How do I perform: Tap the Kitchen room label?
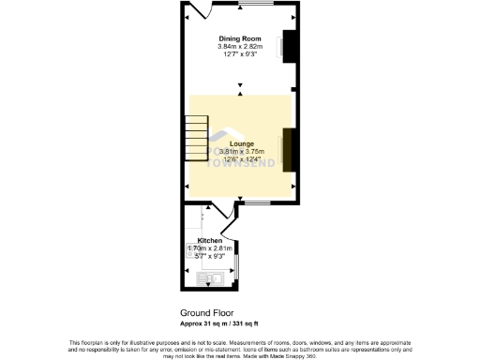[x=209, y=241]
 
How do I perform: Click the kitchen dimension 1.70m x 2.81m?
[x=210, y=248]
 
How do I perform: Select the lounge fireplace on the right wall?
[x=291, y=149]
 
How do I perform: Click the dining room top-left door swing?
[x=196, y=11]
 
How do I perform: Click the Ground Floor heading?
[x=206, y=313]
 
